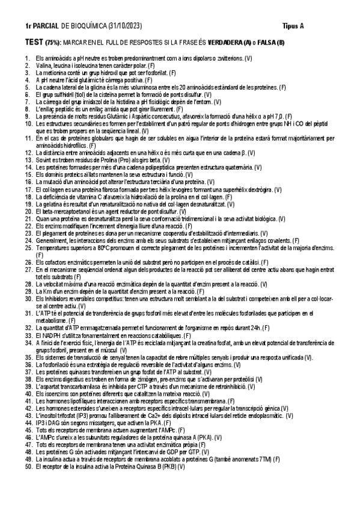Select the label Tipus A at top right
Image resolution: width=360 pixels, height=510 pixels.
293,27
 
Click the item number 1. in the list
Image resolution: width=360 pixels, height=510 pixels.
28,58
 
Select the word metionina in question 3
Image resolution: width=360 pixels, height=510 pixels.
55,73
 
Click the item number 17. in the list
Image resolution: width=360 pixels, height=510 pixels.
28,189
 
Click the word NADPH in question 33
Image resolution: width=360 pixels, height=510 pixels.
50,334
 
